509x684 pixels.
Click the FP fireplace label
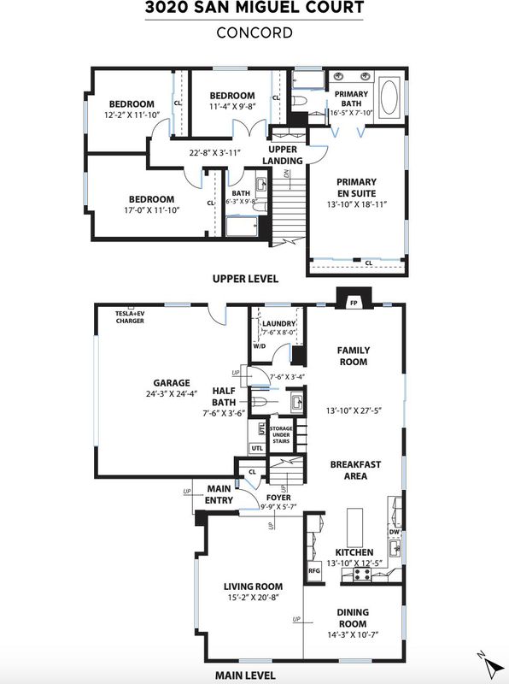354,303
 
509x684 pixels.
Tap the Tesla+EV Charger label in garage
130,317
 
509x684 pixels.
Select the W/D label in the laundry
260,346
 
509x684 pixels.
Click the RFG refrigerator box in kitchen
314,570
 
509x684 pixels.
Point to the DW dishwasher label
394,532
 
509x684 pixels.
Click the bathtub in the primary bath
389,97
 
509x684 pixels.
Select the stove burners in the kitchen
362,574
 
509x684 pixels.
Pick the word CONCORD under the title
254,32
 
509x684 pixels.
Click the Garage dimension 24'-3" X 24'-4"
172,393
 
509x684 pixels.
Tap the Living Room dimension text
253,598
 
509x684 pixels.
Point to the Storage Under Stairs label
281,435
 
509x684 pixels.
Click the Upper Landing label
283,155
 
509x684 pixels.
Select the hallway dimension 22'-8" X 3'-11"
215,153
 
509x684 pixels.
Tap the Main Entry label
219,495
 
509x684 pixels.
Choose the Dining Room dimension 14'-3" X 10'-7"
353,634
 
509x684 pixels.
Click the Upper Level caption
245,279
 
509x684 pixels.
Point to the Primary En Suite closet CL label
369,263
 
